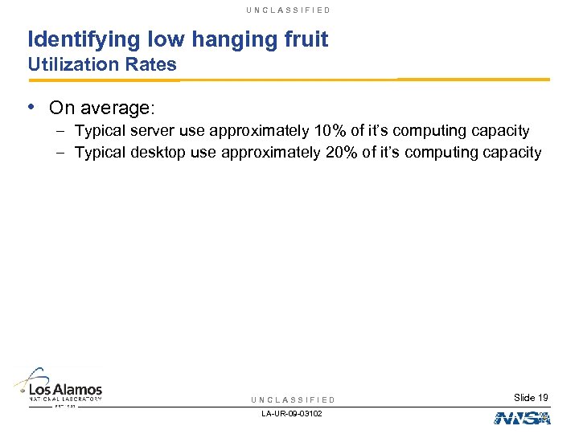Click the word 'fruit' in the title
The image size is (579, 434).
(304, 39)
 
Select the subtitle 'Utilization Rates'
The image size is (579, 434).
(102, 65)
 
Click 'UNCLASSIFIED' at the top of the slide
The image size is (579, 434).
(289, 10)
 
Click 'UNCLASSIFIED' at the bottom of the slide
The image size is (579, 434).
(293, 400)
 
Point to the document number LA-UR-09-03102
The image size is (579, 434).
(293, 415)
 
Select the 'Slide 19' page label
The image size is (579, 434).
(531, 398)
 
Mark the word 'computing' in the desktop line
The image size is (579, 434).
(446, 153)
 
